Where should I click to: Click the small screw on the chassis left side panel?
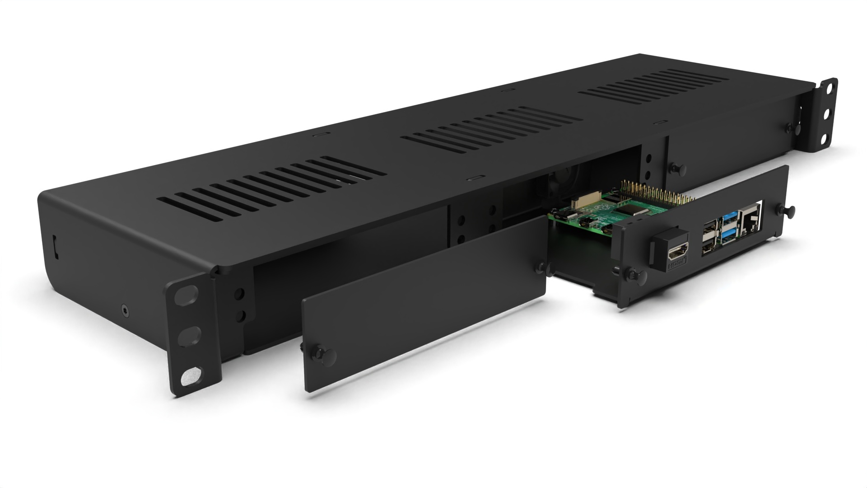125,310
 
